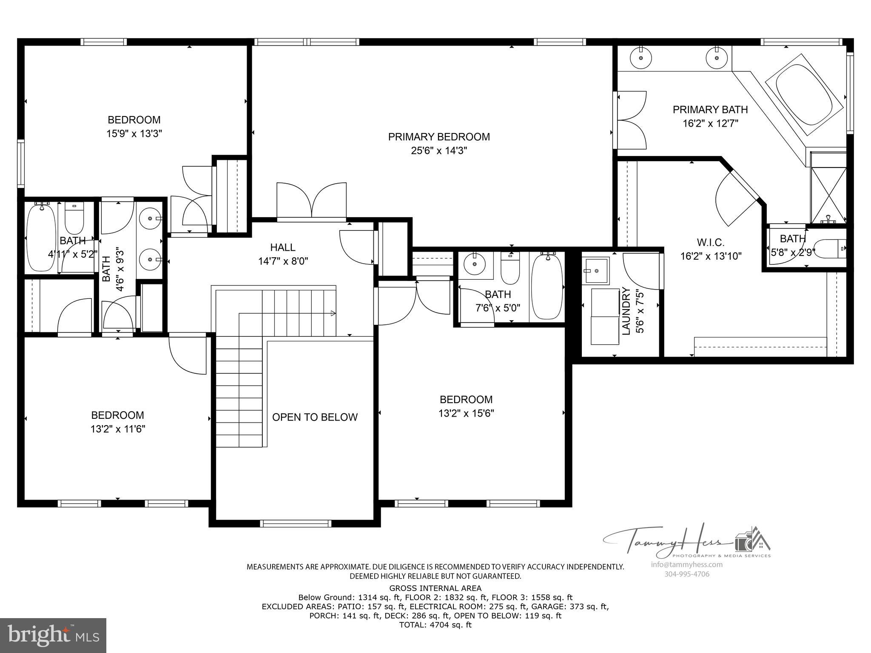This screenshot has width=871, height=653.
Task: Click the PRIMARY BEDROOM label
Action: [x=438, y=137]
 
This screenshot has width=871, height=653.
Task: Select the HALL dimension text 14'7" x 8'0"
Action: [x=283, y=261]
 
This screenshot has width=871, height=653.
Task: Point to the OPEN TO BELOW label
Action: [x=315, y=417]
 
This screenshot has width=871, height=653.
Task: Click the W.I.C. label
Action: [x=710, y=242]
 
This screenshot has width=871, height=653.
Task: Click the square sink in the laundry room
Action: [x=596, y=270]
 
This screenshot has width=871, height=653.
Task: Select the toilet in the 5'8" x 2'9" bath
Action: [x=832, y=248]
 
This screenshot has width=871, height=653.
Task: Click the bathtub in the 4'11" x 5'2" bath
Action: [x=41, y=239]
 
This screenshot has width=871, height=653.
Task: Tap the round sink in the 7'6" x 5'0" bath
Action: [x=474, y=265]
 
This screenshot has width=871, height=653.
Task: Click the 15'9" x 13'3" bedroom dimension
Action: [x=134, y=133]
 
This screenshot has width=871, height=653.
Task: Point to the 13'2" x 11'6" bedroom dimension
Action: [x=118, y=429]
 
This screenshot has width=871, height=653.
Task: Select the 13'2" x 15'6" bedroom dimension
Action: [x=466, y=413]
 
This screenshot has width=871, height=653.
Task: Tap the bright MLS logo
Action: [x=53, y=636]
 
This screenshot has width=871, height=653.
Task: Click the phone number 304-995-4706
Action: [x=686, y=574]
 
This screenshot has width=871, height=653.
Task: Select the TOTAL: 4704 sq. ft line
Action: [x=435, y=625]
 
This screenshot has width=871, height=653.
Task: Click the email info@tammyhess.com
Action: [x=686, y=565]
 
